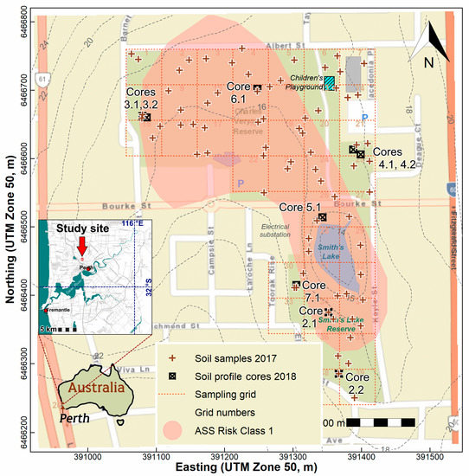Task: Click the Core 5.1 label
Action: (299, 208)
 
